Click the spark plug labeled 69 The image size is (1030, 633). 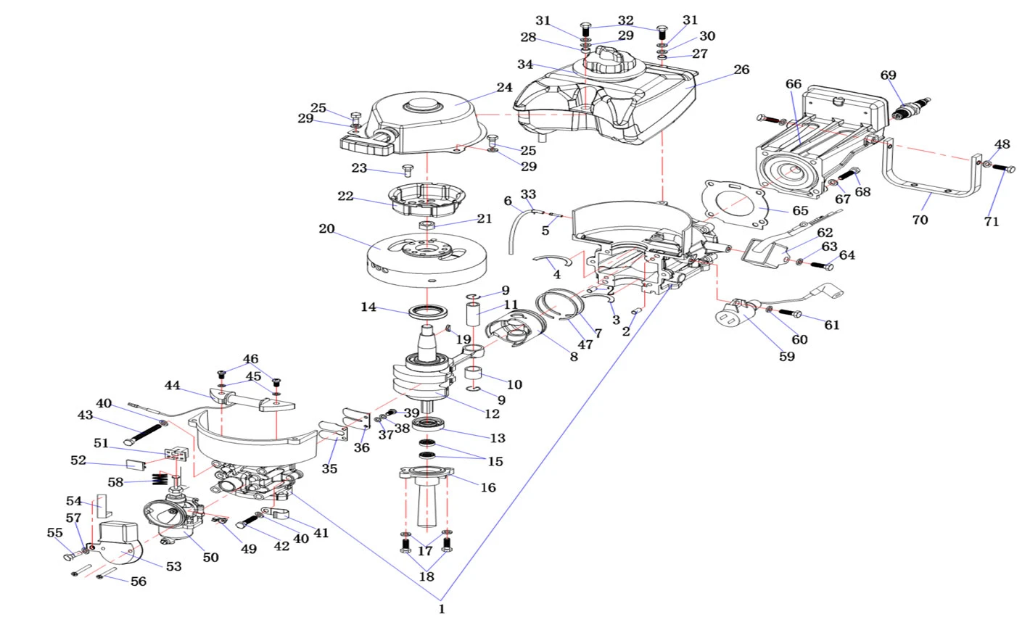(912, 108)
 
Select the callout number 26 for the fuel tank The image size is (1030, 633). (741, 70)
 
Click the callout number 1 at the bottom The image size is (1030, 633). (441, 609)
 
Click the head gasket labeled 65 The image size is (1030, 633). (737, 200)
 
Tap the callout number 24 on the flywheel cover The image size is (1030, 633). (504, 88)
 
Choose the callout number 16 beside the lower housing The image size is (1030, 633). (488, 487)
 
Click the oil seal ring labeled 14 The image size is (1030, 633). (427, 312)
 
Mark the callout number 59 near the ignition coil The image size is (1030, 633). (786, 357)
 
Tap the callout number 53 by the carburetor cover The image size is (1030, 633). (173, 566)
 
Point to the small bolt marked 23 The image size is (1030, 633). (407, 171)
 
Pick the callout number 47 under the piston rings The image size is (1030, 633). (585, 344)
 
